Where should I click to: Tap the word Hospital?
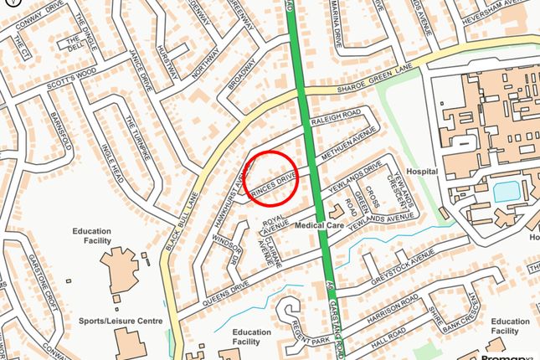tap(422, 171)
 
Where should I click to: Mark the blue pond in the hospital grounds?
tap(506, 191)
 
